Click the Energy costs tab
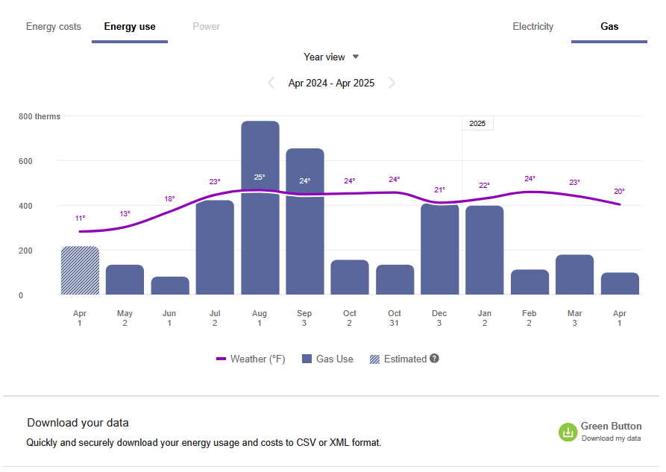(x=54, y=27)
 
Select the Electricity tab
(x=533, y=27)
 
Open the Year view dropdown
(x=331, y=57)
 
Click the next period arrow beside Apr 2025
(x=392, y=83)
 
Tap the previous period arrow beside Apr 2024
(x=271, y=83)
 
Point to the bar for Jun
(x=170, y=286)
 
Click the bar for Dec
(x=440, y=249)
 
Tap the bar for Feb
(x=530, y=282)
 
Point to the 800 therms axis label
(x=40, y=116)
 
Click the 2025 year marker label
(x=477, y=124)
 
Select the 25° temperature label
(x=260, y=177)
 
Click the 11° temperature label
(x=80, y=218)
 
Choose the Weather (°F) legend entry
(x=251, y=359)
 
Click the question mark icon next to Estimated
(x=434, y=359)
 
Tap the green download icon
(x=568, y=432)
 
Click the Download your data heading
(x=78, y=423)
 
